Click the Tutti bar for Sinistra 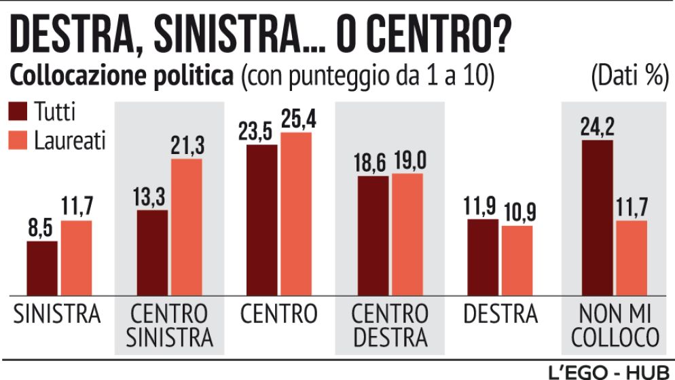(x=42, y=268)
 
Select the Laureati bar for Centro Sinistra (x=186, y=227)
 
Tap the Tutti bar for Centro (x=261, y=220)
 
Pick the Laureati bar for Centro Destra (x=407, y=234)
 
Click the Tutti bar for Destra (x=483, y=257)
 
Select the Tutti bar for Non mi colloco (x=598, y=218)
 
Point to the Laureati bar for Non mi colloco (x=632, y=258)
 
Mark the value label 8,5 (x=42, y=229)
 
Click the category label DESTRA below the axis (x=500, y=314)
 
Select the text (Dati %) (x=627, y=76)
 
